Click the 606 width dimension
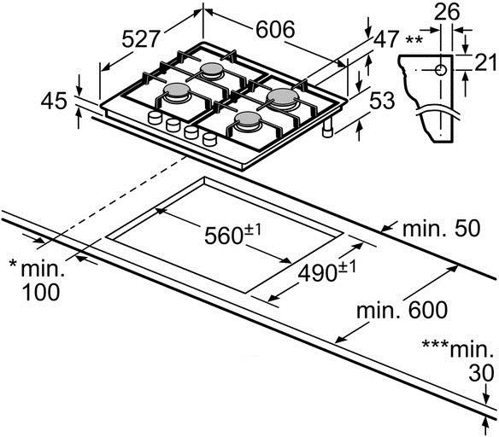[276, 30]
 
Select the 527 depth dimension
[141, 39]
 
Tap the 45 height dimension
[54, 101]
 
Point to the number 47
[386, 38]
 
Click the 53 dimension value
[382, 101]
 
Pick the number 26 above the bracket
[447, 11]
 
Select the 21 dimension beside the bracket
[486, 62]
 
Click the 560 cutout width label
[225, 236]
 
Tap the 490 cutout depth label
[318, 272]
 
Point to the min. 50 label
[441, 228]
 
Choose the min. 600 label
[402, 310]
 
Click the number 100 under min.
[41, 292]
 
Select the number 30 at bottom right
[481, 374]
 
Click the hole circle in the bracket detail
[441, 70]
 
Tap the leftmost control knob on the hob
[156, 118]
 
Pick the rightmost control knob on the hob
[209, 139]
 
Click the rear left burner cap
[211, 68]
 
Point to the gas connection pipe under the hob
[327, 128]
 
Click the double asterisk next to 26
[414, 41]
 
